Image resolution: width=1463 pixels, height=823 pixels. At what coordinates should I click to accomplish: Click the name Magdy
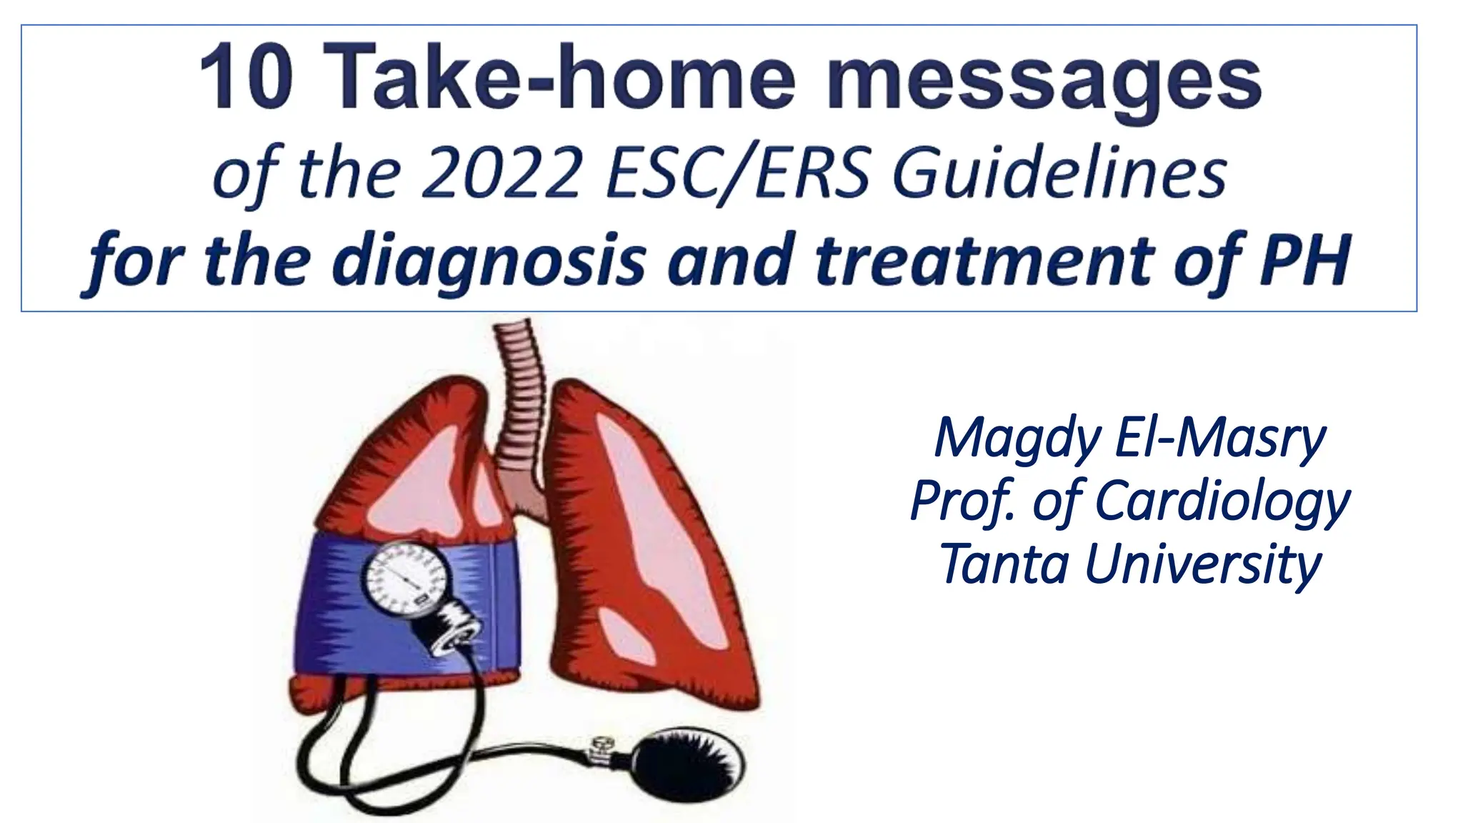coord(1017,439)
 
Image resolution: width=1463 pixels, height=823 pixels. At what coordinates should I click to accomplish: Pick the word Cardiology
coord(1222,502)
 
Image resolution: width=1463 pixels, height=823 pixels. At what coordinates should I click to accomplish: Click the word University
coord(1203,564)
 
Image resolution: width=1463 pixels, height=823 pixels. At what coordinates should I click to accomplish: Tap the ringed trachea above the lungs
coord(519,400)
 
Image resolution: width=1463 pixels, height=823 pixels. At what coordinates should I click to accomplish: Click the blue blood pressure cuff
coord(336,607)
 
